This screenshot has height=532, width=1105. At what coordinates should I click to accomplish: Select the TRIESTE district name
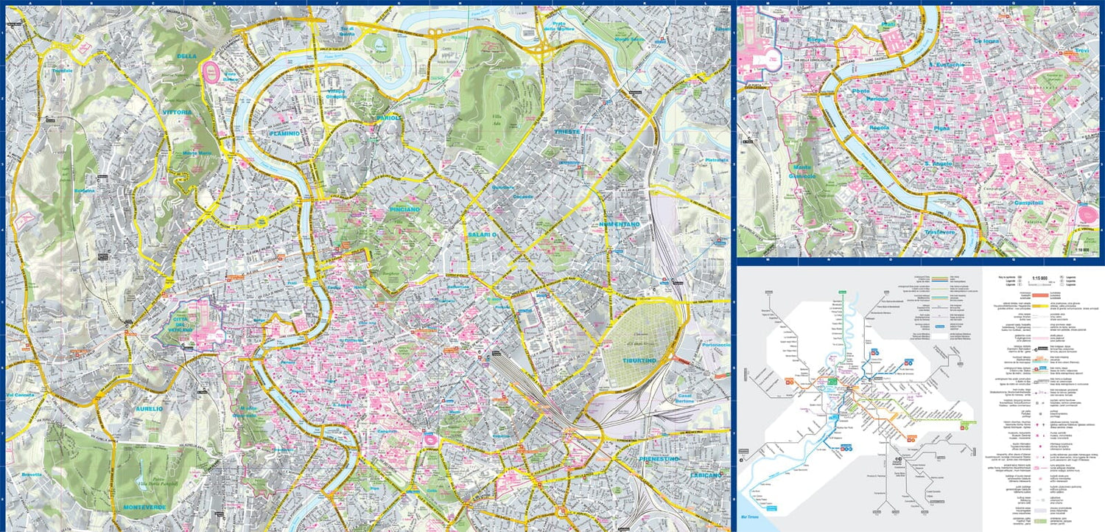(x=567, y=131)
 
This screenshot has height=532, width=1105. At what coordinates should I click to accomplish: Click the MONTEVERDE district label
(x=144, y=508)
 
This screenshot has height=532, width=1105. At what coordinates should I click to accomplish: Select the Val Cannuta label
(x=21, y=395)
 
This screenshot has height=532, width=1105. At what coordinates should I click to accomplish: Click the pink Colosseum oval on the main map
(x=427, y=440)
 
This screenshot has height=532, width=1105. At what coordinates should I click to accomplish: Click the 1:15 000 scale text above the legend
(x=1039, y=278)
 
